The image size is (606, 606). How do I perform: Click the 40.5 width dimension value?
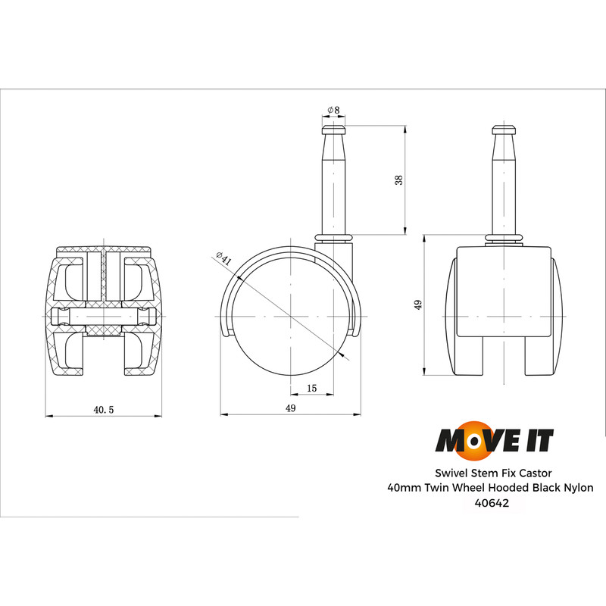coord(103,409)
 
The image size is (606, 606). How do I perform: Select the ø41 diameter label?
coord(224,258)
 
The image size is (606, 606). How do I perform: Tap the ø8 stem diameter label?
coord(333,110)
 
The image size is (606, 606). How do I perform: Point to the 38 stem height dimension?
coord(399,180)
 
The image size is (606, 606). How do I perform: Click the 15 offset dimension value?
coord(312,388)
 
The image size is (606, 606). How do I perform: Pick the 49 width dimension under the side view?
coord(290,408)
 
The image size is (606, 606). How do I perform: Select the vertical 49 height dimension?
coord(417,305)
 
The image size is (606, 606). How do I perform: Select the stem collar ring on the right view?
coord(504,240)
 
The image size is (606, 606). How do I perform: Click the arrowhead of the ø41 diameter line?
coord(345,354)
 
